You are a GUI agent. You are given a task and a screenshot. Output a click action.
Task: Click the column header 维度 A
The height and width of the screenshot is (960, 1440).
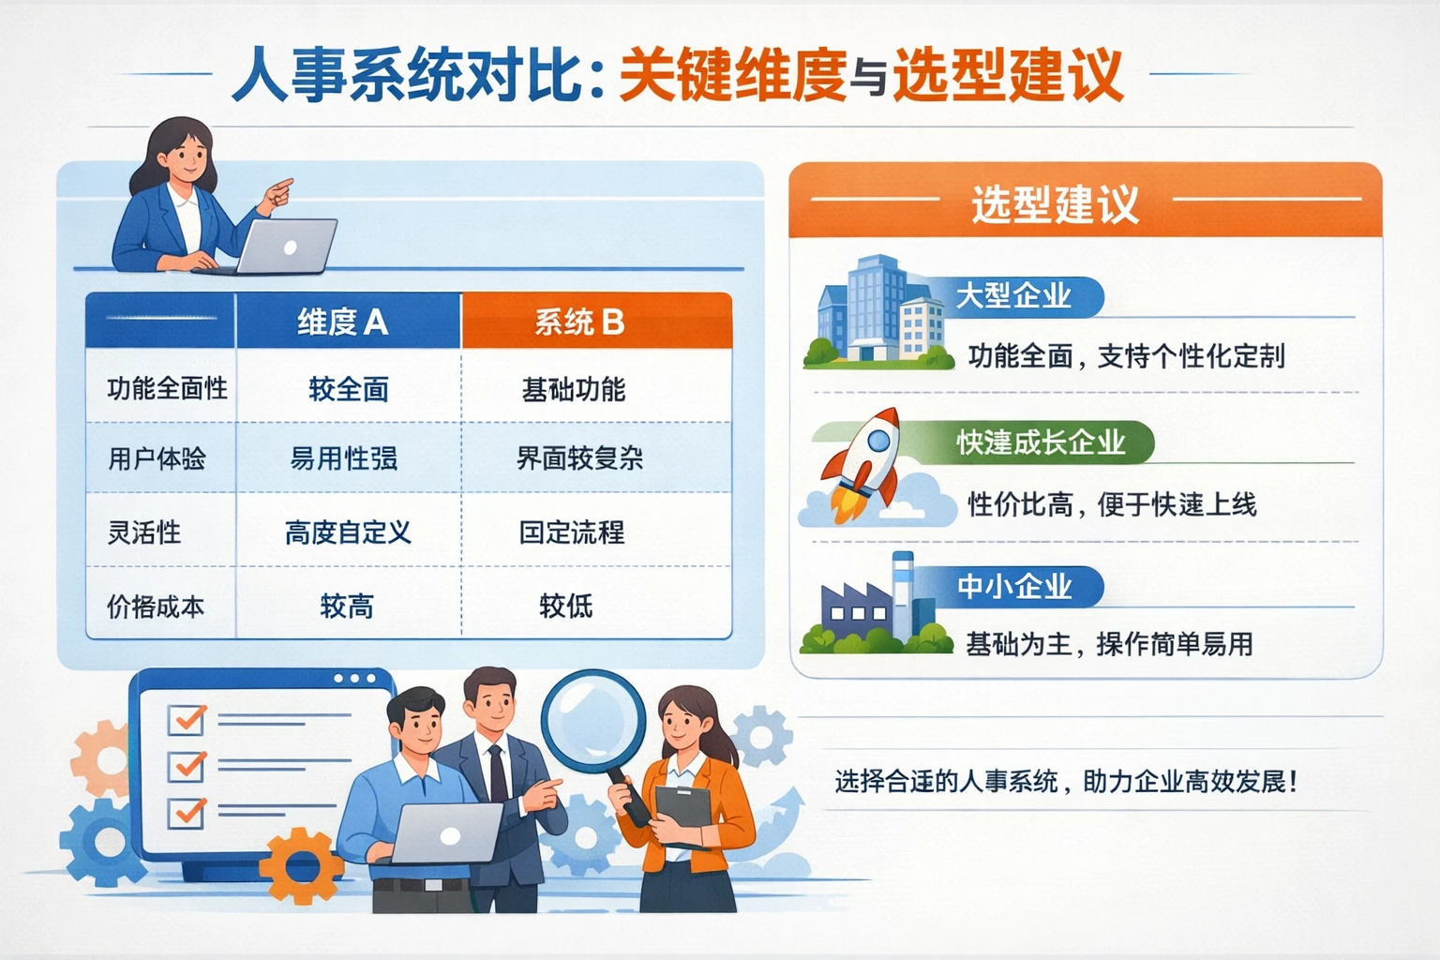342,322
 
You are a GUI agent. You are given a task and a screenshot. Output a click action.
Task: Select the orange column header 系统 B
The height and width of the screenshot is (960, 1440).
579,322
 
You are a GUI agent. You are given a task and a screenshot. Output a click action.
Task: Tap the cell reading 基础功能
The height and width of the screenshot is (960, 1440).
573,389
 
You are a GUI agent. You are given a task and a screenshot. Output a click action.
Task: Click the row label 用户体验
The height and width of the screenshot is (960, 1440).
157,458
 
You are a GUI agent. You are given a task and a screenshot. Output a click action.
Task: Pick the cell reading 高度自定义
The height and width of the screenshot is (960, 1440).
348,532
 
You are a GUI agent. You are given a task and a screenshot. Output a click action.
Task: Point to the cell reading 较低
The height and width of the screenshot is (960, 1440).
566,606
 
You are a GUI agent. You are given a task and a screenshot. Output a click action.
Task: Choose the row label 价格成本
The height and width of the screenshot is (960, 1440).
156,607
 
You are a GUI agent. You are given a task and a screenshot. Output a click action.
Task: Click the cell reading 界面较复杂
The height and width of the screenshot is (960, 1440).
579,458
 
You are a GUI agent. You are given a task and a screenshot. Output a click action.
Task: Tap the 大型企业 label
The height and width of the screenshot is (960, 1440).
1012,296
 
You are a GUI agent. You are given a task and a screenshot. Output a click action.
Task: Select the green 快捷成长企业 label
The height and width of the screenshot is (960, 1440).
1041,442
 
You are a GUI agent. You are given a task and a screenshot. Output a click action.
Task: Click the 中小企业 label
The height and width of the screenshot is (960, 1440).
1014,587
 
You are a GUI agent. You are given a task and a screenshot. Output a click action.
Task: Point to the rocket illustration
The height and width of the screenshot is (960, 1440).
862,464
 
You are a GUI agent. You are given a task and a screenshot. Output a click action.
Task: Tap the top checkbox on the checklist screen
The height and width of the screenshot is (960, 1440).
187,719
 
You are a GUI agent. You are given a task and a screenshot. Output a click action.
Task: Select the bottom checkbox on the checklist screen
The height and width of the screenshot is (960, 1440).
187,811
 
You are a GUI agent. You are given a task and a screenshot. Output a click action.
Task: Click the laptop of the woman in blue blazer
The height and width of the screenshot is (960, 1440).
286,246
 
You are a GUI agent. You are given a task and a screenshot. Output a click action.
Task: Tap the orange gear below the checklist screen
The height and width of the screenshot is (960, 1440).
301,866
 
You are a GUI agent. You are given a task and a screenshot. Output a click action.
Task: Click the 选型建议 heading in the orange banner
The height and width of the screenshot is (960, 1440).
1055,204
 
